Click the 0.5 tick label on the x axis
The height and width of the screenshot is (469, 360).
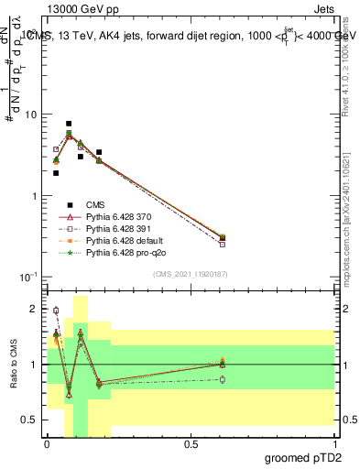click(191, 444)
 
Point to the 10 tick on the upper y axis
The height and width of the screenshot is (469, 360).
click(30, 115)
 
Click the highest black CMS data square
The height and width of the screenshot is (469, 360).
click(69, 124)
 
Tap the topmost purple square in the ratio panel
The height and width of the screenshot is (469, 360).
click(56, 311)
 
